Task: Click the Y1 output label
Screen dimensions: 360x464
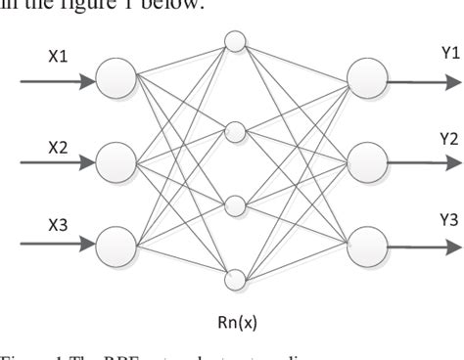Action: point(423,53)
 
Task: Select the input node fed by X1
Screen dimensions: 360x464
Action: point(116,76)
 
